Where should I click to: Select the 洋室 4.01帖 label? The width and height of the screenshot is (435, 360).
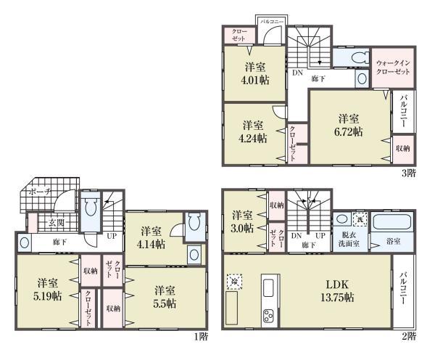pyautogui.click(x=255, y=73)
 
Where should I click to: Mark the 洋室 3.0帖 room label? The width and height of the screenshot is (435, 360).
pyautogui.click(x=242, y=221)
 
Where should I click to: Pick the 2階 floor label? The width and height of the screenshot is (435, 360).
pyautogui.click(x=408, y=336)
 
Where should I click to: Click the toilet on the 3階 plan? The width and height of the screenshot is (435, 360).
pyautogui.click(x=352, y=57)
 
